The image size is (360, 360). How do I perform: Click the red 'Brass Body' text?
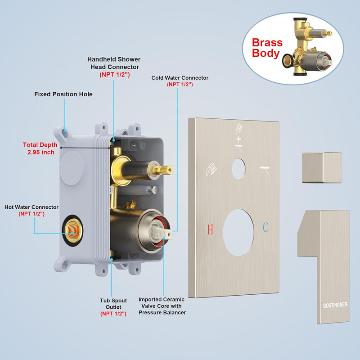[267, 48]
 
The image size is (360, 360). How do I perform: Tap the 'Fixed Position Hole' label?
[63, 94]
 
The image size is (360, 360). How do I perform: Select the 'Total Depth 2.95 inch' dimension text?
[40, 148]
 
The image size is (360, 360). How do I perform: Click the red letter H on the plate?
[210, 229]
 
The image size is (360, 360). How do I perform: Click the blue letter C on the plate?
[265, 227]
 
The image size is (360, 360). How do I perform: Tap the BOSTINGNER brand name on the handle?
[335, 305]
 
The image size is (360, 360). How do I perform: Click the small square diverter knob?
[322, 167]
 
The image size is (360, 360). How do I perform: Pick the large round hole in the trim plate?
[238, 233]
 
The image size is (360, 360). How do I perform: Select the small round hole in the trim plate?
[238, 169]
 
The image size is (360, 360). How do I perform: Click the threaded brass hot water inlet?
[72, 230]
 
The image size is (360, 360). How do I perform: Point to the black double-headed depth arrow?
[85, 148]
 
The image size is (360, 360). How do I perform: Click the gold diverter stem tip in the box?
[166, 170]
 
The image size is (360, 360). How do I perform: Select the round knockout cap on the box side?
[72, 168]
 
